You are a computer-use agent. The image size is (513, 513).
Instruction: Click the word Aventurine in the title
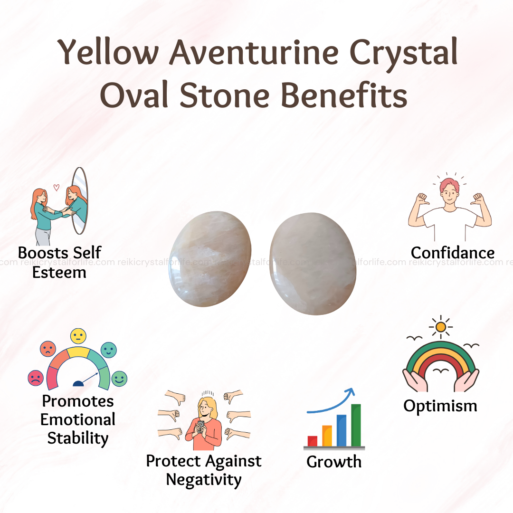click(x=254, y=52)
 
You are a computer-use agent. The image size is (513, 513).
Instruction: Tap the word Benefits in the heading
click(x=344, y=95)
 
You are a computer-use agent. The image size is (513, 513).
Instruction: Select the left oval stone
click(x=210, y=259)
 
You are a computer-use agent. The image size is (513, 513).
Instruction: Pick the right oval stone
click(x=313, y=264)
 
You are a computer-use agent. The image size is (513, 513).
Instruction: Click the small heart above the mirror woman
click(x=56, y=188)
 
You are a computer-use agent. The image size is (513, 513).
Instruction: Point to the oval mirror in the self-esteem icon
click(x=79, y=200)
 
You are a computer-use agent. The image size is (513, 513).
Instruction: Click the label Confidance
click(x=453, y=253)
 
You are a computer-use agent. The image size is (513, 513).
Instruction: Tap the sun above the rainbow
click(x=441, y=326)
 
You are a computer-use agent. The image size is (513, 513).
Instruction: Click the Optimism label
click(x=440, y=406)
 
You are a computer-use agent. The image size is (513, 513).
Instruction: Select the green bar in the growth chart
click(x=356, y=425)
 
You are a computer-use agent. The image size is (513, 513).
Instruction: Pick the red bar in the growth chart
click(x=313, y=441)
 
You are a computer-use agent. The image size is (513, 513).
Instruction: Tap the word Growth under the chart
click(x=334, y=462)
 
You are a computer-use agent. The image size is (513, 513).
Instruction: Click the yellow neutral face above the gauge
click(x=78, y=336)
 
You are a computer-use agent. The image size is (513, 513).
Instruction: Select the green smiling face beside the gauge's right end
click(x=119, y=379)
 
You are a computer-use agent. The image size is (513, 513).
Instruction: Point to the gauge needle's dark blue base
click(x=78, y=383)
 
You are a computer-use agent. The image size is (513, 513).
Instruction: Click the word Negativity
click(x=203, y=480)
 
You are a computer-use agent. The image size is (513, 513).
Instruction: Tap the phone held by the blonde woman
click(x=200, y=426)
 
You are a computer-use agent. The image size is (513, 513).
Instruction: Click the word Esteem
click(x=59, y=273)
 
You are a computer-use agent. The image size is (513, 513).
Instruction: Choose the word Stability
click(x=78, y=438)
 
